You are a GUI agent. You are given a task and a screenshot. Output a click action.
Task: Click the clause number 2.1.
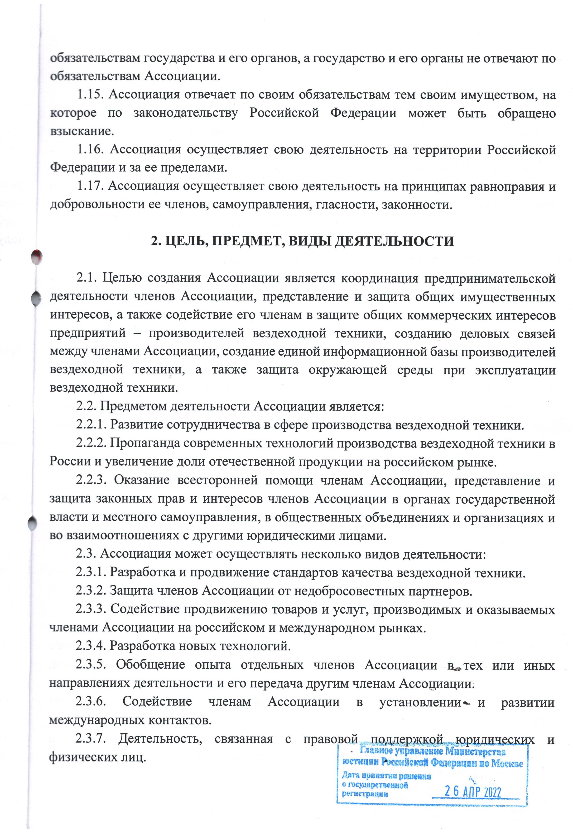pyautogui.click(x=86, y=278)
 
